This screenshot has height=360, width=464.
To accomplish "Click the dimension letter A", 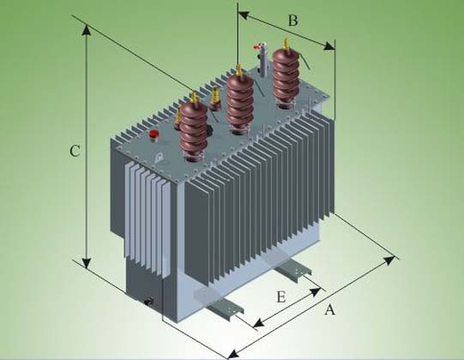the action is click(329, 309).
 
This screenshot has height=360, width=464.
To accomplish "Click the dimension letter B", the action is click(292, 21).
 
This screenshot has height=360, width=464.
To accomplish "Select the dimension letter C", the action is click(75, 151).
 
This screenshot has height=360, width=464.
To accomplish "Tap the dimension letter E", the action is click(281, 297).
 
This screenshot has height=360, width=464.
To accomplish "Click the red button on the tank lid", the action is click(154, 134).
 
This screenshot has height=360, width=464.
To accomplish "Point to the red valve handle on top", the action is click(257, 45).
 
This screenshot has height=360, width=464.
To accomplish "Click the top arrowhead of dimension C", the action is click(87, 30).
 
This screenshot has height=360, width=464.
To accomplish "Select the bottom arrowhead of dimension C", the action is click(87, 262).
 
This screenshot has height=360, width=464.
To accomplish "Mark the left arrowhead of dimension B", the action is click(244, 15).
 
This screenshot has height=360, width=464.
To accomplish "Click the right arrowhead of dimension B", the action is click(329, 46).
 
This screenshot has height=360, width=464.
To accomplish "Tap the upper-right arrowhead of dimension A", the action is click(389, 261).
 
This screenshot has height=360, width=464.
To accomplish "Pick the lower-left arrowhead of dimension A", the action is click(234, 354).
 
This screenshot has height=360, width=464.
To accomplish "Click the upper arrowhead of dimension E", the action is click(315, 291).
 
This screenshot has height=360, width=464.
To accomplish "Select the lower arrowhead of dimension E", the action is click(259, 323).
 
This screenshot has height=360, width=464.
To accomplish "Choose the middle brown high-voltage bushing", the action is click(239, 102).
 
